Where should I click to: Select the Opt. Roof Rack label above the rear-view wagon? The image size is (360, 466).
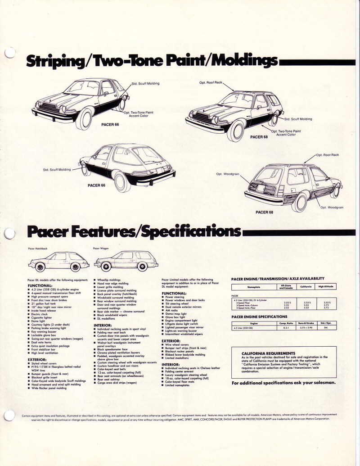click(328, 155)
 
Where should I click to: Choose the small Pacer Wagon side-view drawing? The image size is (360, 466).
click(126, 261)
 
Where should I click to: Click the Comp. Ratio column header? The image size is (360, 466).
click(287, 323)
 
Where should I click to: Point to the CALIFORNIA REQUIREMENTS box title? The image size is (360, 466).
click(268, 353)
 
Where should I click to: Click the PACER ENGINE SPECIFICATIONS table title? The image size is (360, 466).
click(259, 317)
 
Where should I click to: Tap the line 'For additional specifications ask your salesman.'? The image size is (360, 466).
click(283, 383)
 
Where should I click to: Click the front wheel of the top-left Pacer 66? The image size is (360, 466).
click(84, 120)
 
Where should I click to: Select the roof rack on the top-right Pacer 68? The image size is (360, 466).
click(252, 91)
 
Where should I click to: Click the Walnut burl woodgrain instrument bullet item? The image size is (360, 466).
click(117, 343)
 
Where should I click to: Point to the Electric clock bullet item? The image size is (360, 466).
click(40, 314)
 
